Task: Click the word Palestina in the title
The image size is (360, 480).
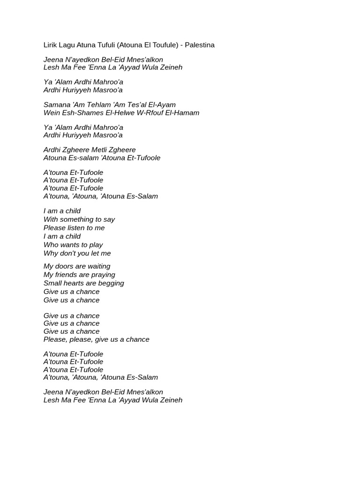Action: (x=200, y=45)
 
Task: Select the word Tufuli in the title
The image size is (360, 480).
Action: (x=104, y=45)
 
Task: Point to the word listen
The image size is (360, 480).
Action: (x=76, y=228)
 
